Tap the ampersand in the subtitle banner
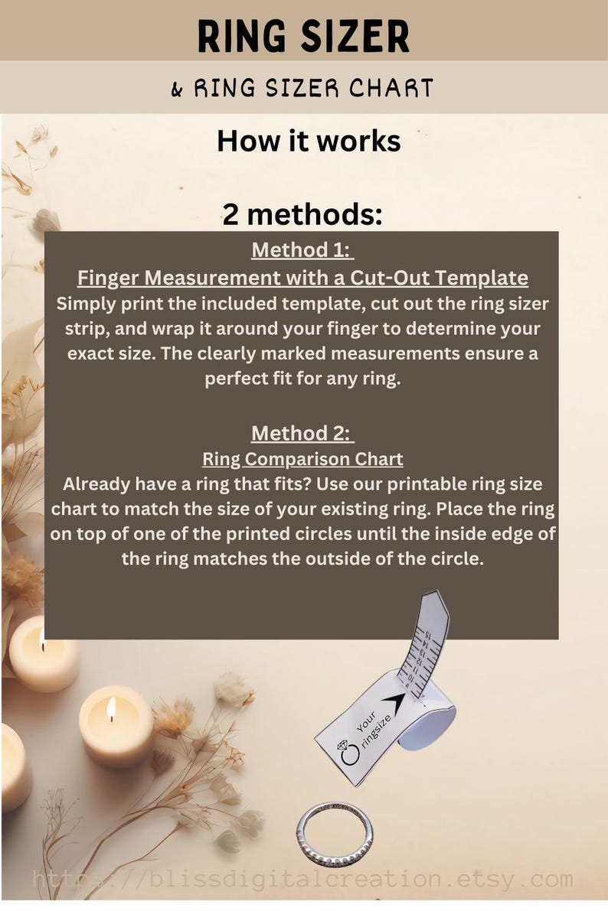point(177,89)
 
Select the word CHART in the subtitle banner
point(391,89)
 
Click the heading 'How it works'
point(309,141)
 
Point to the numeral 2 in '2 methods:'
point(230,215)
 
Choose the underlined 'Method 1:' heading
point(302,250)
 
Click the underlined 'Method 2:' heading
point(302,434)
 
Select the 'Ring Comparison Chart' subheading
point(302,459)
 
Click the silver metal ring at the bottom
point(335,834)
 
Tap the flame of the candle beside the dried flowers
point(111,710)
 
